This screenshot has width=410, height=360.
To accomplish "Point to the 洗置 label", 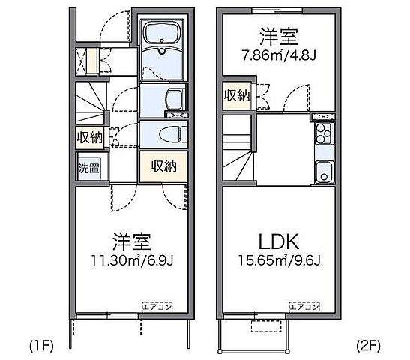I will coord(88,168).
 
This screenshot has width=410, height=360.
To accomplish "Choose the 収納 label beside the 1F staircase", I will coord(88,137).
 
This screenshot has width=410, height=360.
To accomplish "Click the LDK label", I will coord(280,242).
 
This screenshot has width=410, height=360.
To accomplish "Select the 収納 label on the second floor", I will coord(238,95).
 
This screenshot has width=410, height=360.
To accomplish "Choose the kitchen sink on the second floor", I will coord(323,169).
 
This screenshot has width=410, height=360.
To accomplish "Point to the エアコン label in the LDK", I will coord(304,306).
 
